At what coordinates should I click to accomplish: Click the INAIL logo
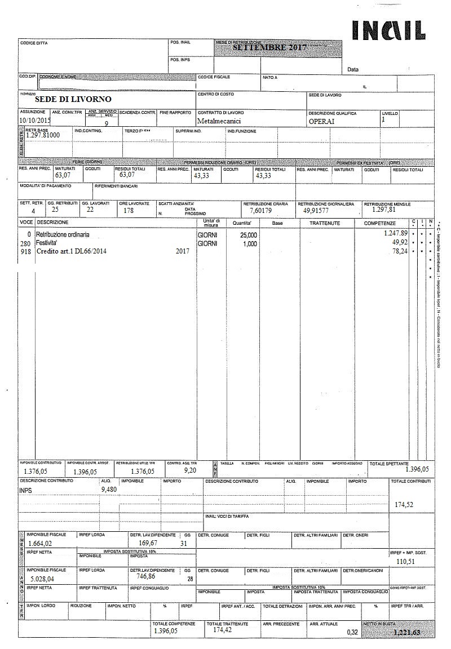tap(388, 30)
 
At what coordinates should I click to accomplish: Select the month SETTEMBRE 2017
tap(269, 48)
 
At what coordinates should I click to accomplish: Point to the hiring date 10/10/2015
tap(34, 120)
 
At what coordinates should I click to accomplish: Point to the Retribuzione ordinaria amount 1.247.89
tap(396, 233)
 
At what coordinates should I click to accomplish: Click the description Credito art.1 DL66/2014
tap(72, 252)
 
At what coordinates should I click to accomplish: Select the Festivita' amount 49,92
tap(399, 242)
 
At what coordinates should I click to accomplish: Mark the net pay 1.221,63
tap(407, 633)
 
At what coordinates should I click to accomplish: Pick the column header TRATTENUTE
tap(324, 224)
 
